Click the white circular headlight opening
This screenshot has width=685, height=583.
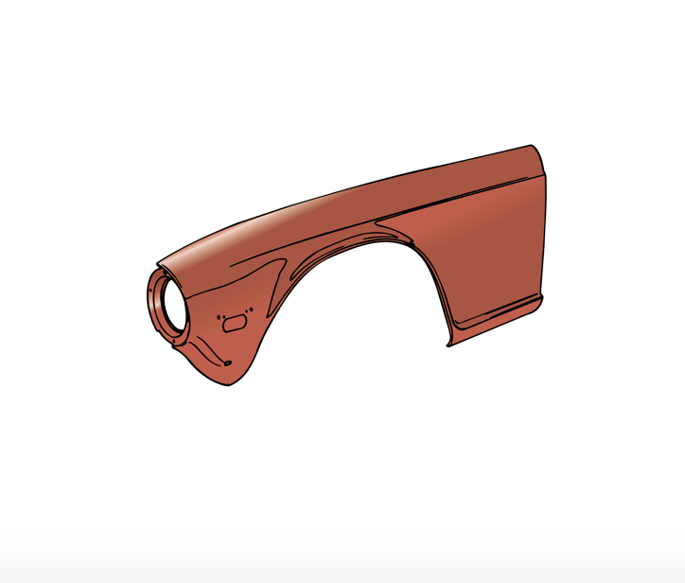pos(172,306)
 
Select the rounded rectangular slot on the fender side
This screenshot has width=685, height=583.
pos(233,324)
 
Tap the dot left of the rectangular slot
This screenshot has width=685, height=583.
pos(219,315)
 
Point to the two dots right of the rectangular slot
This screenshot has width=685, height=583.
pos(251,309)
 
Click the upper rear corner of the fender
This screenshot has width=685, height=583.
pos(532,146)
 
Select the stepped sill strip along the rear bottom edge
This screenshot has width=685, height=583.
pos(497,316)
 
